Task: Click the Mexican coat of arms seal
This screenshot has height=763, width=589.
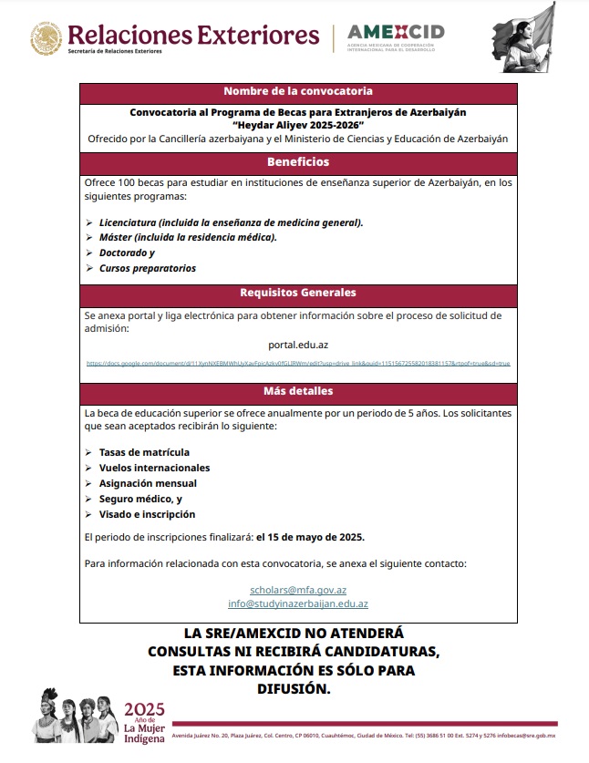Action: pos(45,38)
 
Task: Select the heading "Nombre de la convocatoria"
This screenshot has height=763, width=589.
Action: pos(297,91)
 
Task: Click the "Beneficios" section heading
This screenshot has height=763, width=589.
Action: pos(297,162)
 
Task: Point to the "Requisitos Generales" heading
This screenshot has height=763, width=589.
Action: pos(297,294)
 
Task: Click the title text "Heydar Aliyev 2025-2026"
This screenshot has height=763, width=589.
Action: pos(297,125)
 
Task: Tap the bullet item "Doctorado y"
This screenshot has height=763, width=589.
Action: pos(127,253)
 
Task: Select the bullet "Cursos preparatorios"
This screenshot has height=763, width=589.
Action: pos(147,268)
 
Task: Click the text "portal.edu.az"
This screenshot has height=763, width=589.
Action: pos(298,345)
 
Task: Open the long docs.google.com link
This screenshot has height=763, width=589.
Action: pos(297,363)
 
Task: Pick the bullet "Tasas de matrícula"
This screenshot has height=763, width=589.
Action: pos(144,452)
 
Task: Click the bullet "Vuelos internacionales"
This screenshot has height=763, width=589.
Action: pos(154,468)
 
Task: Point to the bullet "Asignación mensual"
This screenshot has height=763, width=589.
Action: pos(148,483)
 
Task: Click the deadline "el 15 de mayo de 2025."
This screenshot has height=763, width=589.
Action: pos(310,536)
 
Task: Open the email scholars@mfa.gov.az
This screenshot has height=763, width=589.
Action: pos(298,590)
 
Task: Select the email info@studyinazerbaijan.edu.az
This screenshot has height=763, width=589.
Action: pos(298,603)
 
